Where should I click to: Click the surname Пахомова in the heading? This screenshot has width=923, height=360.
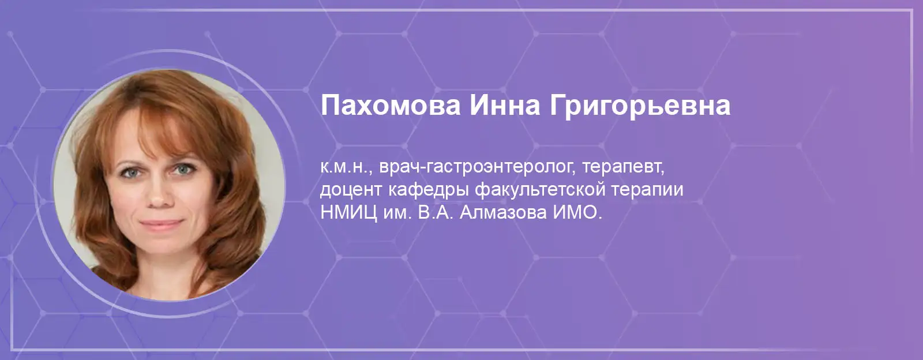point(390,106)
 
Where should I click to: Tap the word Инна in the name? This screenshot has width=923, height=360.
point(504,106)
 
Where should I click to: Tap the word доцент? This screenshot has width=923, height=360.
point(351,190)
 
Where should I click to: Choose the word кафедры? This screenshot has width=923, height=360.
point(429,190)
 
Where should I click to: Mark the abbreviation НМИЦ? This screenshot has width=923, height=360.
point(348,213)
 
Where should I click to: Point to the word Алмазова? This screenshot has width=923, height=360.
point(503,213)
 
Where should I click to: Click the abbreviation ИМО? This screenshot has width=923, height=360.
point(577,213)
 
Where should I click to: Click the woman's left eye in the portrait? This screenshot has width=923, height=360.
point(183,169)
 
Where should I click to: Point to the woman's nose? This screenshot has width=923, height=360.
point(160,194)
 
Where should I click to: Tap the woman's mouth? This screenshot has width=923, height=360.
point(161,224)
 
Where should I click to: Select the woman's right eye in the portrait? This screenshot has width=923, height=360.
point(130,172)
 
